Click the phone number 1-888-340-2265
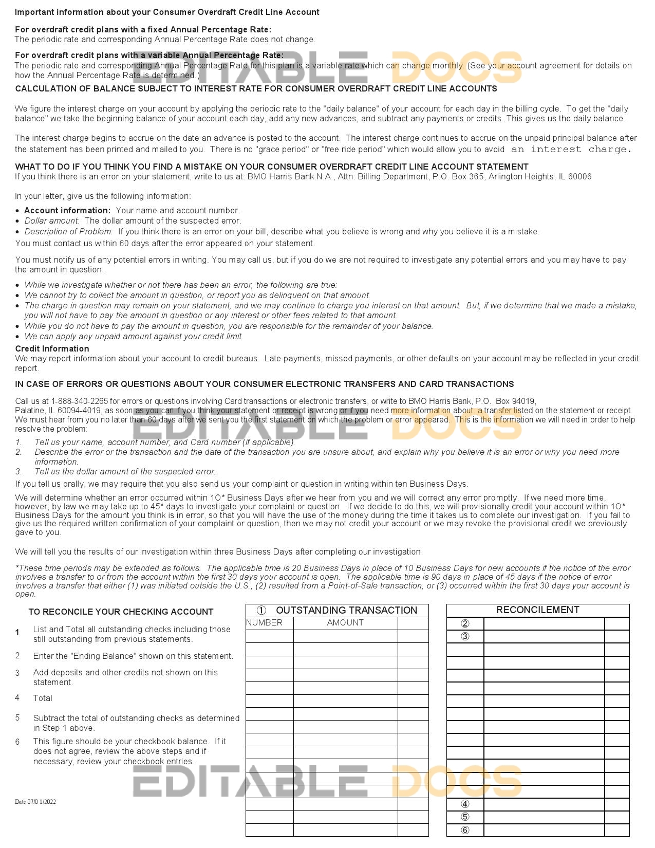click(x=80, y=401)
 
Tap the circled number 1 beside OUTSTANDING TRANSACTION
click(x=261, y=610)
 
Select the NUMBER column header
click(x=264, y=623)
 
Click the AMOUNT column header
click(x=345, y=623)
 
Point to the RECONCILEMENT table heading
click(x=537, y=610)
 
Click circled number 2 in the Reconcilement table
click(x=465, y=624)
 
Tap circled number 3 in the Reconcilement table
click(x=465, y=637)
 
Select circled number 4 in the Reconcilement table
click(x=465, y=804)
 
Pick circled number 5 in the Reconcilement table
click(x=465, y=817)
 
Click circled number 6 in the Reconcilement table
click(x=465, y=830)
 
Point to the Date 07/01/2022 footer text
click(x=35, y=802)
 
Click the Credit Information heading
click(x=52, y=348)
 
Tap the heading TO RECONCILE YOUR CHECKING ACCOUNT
click(x=121, y=612)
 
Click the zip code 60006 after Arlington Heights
click(x=580, y=177)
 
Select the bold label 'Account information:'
click(x=67, y=210)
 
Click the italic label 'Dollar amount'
click(x=51, y=221)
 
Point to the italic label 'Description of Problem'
click(x=68, y=231)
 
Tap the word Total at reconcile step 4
click(x=43, y=698)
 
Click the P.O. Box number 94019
click(x=524, y=401)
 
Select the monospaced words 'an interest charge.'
click(x=571, y=150)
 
